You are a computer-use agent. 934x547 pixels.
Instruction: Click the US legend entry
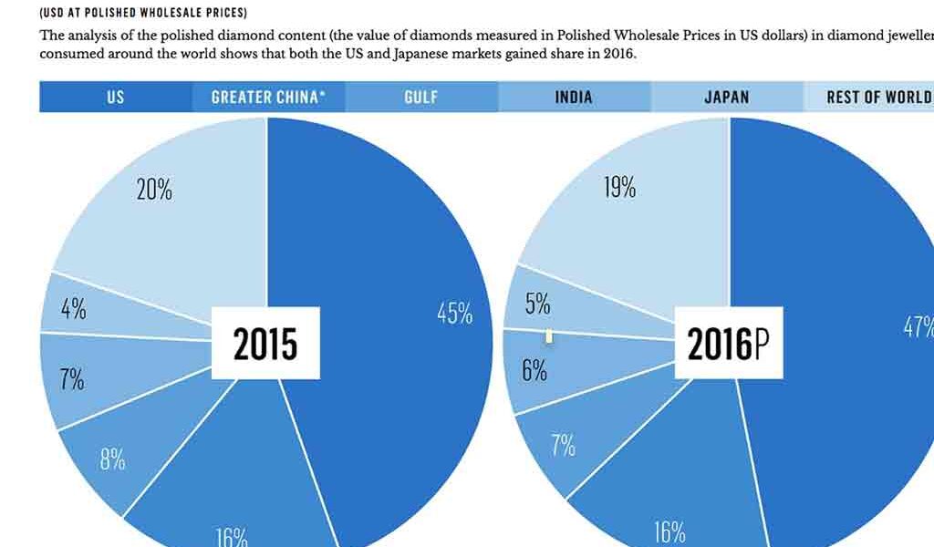pos(115,97)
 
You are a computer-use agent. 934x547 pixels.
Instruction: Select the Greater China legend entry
pos(268,97)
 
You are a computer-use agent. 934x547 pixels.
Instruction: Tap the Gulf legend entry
pos(421,97)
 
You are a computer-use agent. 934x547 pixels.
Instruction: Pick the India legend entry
pos(574,97)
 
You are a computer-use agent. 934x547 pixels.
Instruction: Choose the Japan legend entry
pos(726,97)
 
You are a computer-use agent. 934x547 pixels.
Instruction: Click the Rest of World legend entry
pos(877,97)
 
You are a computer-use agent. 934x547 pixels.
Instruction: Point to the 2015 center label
pos(265,344)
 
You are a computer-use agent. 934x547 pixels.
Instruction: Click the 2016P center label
pos(728,344)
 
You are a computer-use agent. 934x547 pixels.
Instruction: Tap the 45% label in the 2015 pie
pos(455,315)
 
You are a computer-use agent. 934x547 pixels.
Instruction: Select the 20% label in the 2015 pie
pos(154,191)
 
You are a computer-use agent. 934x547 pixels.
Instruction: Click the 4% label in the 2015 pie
pos(74,309)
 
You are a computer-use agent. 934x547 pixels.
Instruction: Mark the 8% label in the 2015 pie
pos(112,459)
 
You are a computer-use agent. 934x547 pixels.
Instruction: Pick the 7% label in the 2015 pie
pos(72,379)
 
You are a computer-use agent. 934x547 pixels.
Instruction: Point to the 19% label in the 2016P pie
pos(619,189)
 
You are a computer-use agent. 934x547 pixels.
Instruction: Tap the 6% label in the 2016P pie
pos(534,371)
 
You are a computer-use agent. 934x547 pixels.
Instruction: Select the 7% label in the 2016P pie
pos(563,446)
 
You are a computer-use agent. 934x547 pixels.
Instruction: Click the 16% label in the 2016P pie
pos(669,532)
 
